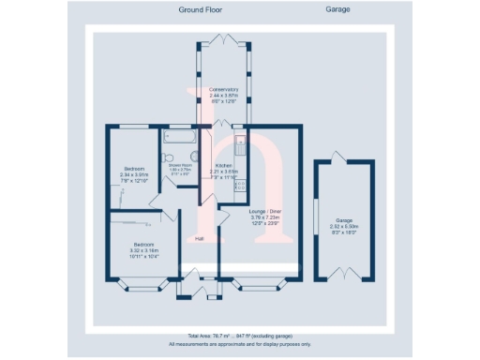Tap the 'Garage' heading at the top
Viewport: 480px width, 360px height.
[337, 9]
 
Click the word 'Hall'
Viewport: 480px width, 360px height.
[200, 239]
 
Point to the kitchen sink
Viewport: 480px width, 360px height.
[241, 145]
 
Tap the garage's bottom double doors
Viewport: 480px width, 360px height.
[345, 279]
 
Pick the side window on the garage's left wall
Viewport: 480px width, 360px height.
[316, 217]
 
